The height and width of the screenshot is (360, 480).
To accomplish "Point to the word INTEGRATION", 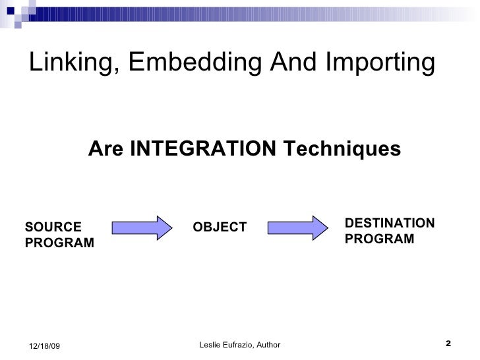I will [x=202, y=150].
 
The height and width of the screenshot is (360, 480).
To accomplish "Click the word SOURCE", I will [x=53, y=227].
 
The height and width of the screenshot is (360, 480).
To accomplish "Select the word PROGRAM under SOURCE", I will [x=59, y=243].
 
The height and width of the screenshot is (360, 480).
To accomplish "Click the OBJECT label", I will [x=220, y=227].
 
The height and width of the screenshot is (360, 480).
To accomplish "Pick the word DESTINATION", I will [x=389, y=223].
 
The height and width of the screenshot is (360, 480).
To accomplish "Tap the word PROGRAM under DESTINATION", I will [x=379, y=239].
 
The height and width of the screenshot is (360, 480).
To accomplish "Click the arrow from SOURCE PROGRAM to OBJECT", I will [x=142, y=227].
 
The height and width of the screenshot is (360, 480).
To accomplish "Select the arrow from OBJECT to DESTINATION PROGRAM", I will [x=297, y=227].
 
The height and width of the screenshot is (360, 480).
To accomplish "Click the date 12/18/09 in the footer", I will [x=45, y=346].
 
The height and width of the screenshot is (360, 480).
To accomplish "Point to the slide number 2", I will [x=448, y=344].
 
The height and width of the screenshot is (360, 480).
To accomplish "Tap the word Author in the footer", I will [x=268, y=345].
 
